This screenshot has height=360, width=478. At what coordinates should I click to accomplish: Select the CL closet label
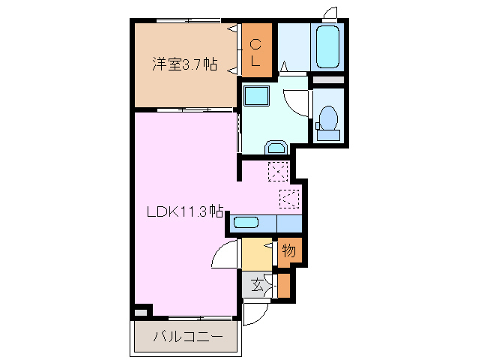click(255, 51)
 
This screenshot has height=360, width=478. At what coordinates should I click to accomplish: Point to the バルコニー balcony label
click(188, 337)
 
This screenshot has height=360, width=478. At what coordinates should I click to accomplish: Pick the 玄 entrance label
click(258, 284)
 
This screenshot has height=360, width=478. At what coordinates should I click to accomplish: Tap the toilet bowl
click(327, 118)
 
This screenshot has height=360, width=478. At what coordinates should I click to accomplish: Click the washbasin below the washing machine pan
click(276, 146)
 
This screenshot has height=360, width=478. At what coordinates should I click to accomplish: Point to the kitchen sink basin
click(246, 222)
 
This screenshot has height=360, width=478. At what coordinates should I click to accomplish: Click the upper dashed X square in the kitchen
click(278, 172)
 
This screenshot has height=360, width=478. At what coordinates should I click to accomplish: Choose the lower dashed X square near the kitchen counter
click(289, 199)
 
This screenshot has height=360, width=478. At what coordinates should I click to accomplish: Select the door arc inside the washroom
click(299, 102)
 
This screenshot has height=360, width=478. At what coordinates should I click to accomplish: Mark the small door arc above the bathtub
click(330, 13)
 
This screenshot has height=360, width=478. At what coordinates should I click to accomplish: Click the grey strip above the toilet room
click(327, 79)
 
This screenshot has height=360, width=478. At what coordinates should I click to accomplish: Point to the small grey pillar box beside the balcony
click(141, 310)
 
